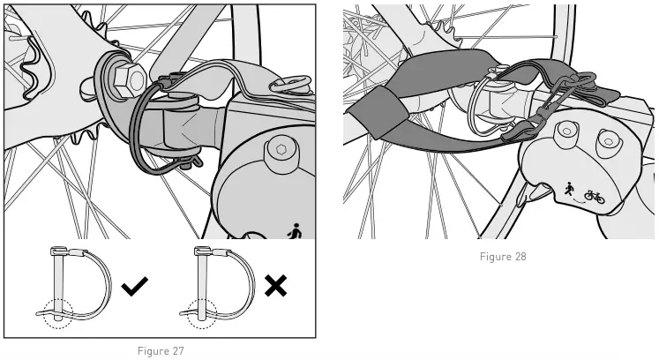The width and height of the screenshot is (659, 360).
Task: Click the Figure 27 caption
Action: click(x=160, y=351)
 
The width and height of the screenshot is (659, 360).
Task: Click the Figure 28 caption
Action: click(x=503, y=257)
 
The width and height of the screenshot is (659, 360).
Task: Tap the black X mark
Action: click(x=275, y=285)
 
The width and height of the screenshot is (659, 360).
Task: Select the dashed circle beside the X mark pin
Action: click(x=202, y=312)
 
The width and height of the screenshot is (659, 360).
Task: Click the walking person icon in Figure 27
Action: click(x=295, y=231)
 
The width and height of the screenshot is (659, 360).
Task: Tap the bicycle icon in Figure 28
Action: click(x=595, y=196)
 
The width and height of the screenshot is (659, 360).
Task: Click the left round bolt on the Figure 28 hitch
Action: click(x=565, y=131)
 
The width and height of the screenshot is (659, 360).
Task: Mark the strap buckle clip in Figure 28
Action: click(x=521, y=132)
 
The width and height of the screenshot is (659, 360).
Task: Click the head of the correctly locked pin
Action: click(x=58, y=251)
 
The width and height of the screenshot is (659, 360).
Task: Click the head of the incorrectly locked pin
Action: click(x=202, y=251)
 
